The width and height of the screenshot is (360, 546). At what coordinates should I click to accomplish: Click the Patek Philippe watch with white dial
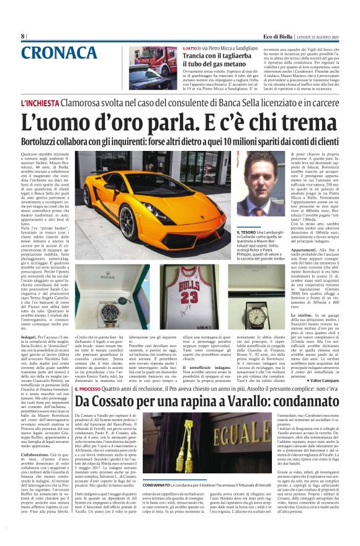256,313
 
